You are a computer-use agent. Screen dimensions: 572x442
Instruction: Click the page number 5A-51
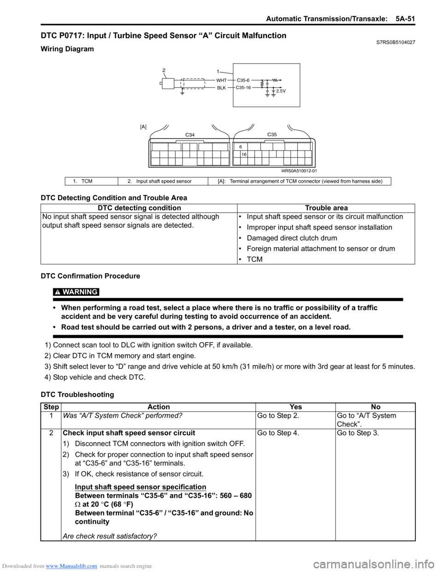(405, 19)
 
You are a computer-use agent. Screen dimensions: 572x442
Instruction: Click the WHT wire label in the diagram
(221, 81)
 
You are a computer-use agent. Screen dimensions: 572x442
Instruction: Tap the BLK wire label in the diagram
(221, 88)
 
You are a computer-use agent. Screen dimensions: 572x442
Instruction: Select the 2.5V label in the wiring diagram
(281, 91)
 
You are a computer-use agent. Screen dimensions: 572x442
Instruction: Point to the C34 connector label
(190, 135)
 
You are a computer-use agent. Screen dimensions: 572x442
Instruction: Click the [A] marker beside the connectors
(143, 127)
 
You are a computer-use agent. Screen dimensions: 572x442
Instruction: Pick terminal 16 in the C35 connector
(244, 155)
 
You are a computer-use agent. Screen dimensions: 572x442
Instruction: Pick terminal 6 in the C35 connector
(240, 147)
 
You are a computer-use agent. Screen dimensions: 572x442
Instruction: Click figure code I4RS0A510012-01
(299, 171)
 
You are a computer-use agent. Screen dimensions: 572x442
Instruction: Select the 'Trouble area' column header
(326, 208)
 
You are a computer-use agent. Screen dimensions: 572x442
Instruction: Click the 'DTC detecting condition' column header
(139, 208)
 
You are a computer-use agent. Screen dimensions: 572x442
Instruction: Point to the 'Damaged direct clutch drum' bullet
(292, 238)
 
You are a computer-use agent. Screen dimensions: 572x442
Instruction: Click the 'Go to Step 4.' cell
(278, 433)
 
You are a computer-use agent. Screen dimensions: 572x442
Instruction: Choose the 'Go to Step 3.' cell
(358, 433)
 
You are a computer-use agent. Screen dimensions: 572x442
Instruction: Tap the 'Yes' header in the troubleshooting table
(296, 407)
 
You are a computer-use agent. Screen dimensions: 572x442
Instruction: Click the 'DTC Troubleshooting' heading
(77, 394)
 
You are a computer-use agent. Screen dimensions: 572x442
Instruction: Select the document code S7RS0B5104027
(395, 42)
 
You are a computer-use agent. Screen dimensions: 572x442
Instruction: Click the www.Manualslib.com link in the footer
(71, 566)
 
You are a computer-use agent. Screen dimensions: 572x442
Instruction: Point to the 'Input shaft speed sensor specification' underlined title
(140, 487)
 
